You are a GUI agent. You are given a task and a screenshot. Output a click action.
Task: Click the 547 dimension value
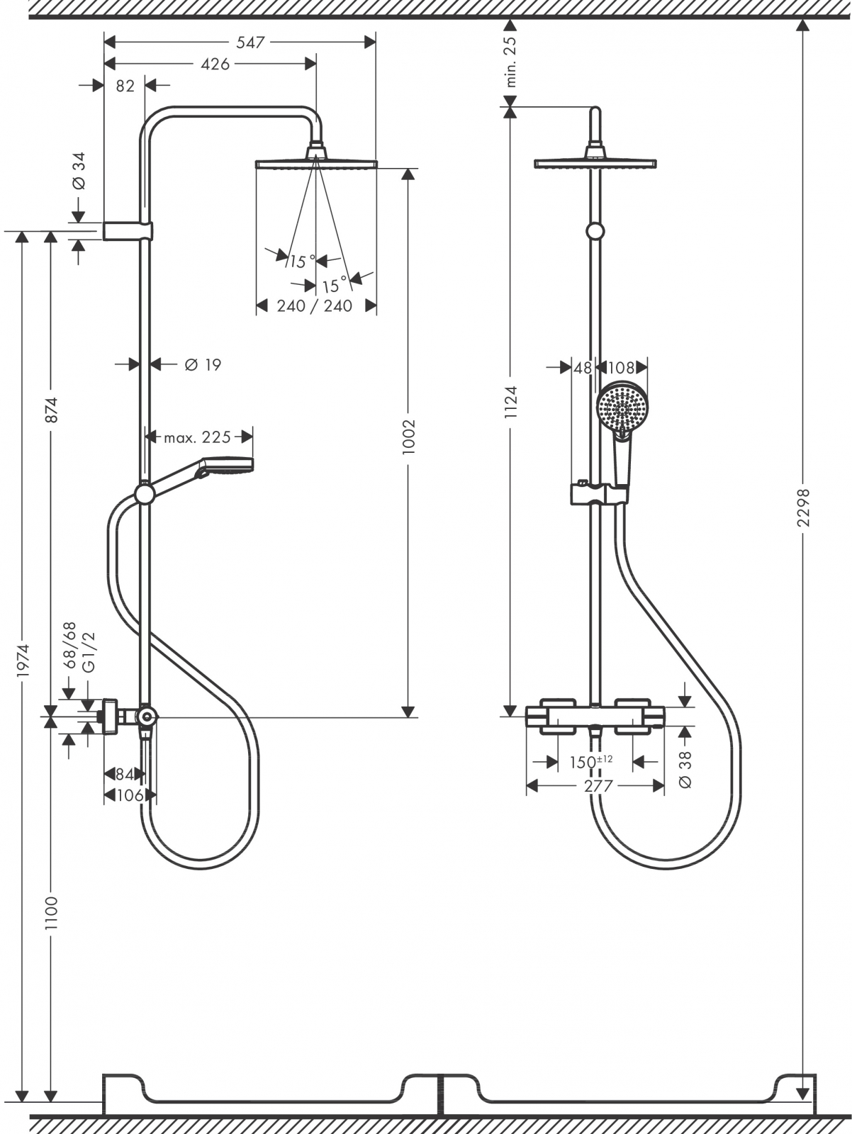(x=250, y=43)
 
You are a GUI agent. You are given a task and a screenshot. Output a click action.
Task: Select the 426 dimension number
(x=215, y=64)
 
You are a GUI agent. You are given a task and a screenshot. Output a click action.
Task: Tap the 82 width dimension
(x=125, y=86)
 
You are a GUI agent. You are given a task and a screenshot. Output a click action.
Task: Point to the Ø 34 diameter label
(x=79, y=171)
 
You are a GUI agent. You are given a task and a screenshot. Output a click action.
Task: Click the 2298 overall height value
(x=802, y=507)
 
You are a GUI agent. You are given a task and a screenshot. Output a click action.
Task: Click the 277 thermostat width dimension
(x=598, y=785)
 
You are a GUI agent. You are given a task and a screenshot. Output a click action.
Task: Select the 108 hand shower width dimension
(x=621, y=368)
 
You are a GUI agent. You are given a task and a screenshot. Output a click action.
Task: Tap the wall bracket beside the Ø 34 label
(x=128, y=231)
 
